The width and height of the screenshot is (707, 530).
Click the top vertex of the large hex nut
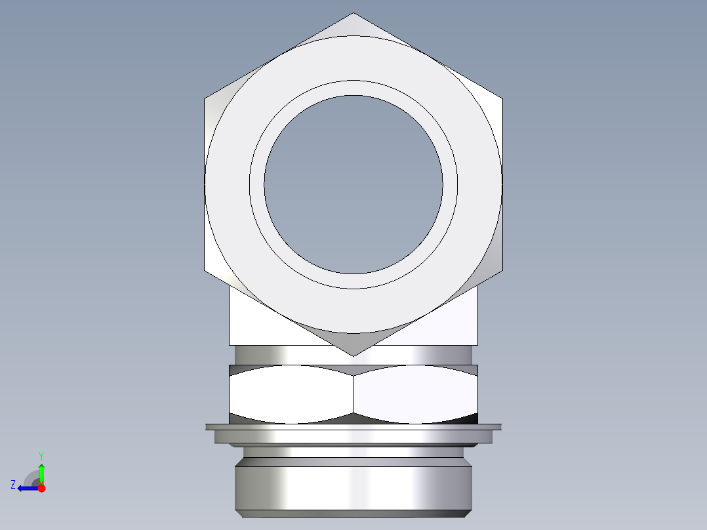(353, 14)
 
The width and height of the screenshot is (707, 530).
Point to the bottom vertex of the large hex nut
(353, 356)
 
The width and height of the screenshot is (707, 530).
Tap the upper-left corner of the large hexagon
(205, 99)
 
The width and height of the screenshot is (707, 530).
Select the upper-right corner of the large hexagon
(502, 99)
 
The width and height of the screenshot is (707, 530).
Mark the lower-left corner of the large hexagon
(205, 270)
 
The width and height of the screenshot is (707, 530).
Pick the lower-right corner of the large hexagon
(502, 270)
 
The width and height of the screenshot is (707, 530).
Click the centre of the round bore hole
(353, 184)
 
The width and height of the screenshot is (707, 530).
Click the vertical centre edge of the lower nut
(353, 394)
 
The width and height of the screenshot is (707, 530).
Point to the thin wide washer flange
(353, 427)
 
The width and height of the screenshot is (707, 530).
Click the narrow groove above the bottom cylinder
(353, 452)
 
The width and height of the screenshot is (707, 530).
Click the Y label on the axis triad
(41, 455)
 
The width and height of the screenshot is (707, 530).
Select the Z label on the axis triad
(13, 485)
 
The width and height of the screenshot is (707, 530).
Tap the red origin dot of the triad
(41, 488)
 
